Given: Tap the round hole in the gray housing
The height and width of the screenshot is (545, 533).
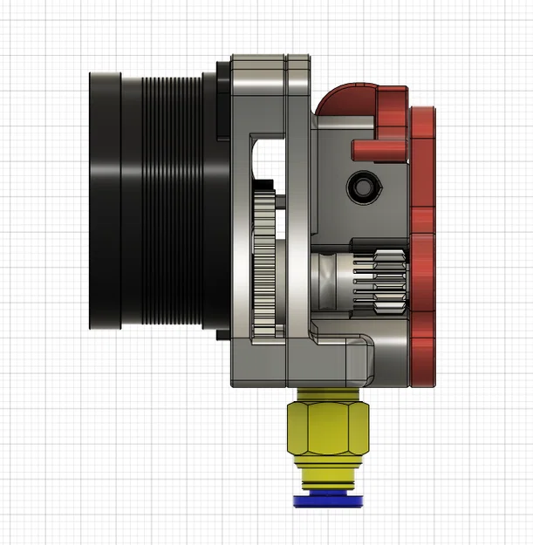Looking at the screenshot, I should [360, 186].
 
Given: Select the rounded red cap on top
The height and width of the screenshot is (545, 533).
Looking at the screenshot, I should [345, 99].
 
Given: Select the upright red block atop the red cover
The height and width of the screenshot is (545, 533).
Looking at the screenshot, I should [392, 109].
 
